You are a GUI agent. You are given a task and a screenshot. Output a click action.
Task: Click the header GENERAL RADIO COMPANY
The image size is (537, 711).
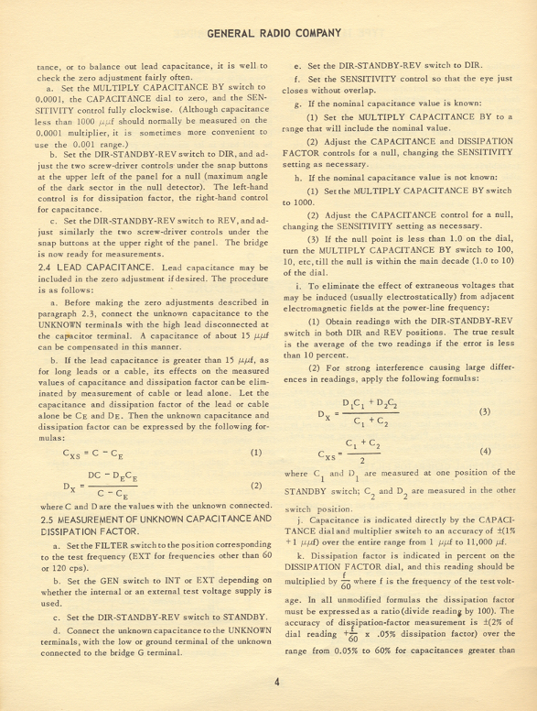pos(274,34)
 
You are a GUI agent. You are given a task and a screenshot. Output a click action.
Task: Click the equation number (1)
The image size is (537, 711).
pos(255,453)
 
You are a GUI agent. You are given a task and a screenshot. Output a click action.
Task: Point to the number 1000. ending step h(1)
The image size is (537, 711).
pos(296,201)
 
